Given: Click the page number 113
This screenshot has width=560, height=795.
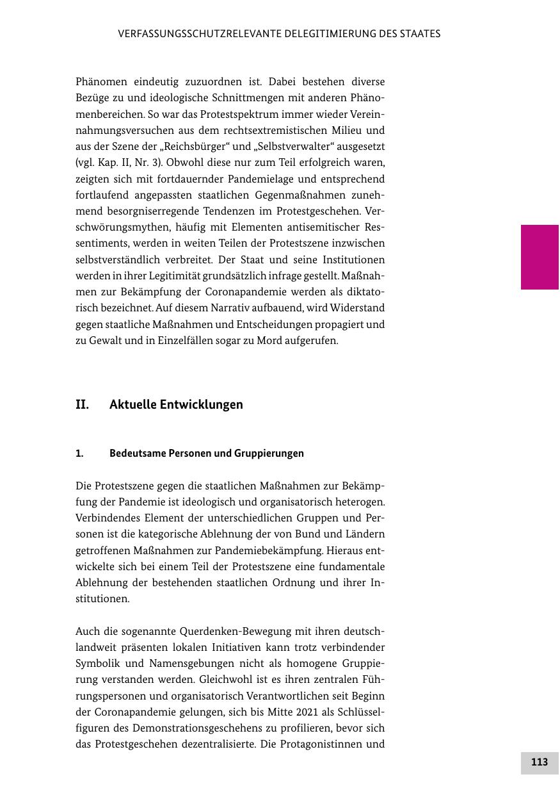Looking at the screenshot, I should (x=539, y=762).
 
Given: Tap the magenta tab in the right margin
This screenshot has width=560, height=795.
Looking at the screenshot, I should (x=540, y=257).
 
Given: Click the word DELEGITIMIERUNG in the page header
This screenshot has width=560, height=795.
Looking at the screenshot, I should (x=298, y=34).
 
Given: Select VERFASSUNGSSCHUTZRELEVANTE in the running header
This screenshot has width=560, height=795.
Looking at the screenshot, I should (x=183, y=34).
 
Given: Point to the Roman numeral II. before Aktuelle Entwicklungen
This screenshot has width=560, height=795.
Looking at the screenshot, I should (x=82, y=405).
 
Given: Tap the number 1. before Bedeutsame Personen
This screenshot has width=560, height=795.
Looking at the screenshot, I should (x=79, y=454).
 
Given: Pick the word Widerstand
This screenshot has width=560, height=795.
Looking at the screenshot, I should (x=356, y=308).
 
